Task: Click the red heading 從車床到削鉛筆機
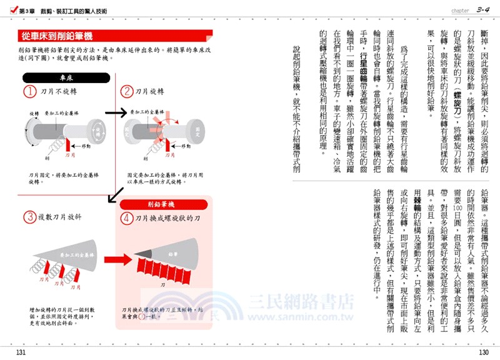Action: click(56, 36)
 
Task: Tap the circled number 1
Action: click(29, 91)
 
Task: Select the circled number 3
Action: click(29, 217)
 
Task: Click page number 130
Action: click(482, 353)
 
